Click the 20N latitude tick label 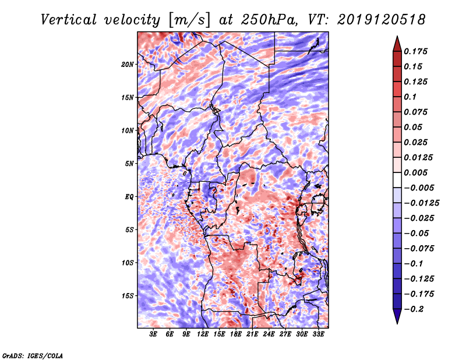pos(128,64)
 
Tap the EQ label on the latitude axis pos(129,197)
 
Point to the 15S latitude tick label pos(128,296)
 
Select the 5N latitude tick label pos(129,164)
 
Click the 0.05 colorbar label pos(414,127)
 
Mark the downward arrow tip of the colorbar pos(396,322)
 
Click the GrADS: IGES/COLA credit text pos(32,355)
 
